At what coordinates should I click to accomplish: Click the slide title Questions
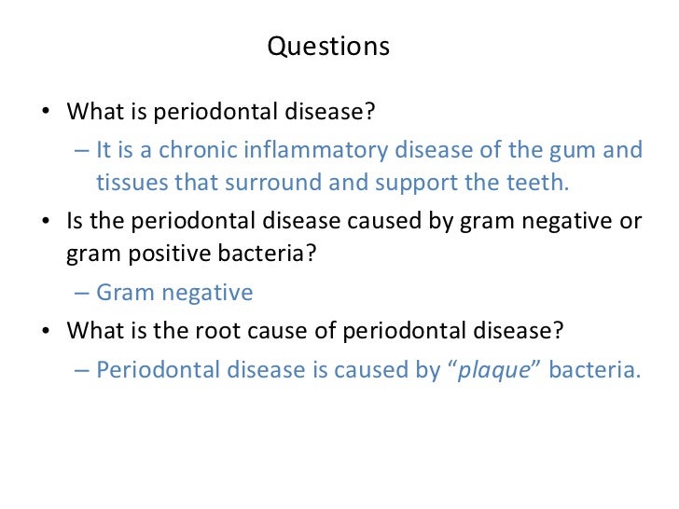pos(328,47)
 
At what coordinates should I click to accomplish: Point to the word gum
pos(575,150)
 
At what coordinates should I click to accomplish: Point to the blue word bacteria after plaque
pos(595,370)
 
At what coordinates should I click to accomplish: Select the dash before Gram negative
pos(80,293)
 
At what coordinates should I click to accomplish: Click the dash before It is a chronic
pos(80,150)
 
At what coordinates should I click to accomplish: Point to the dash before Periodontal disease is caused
pos(80,370)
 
